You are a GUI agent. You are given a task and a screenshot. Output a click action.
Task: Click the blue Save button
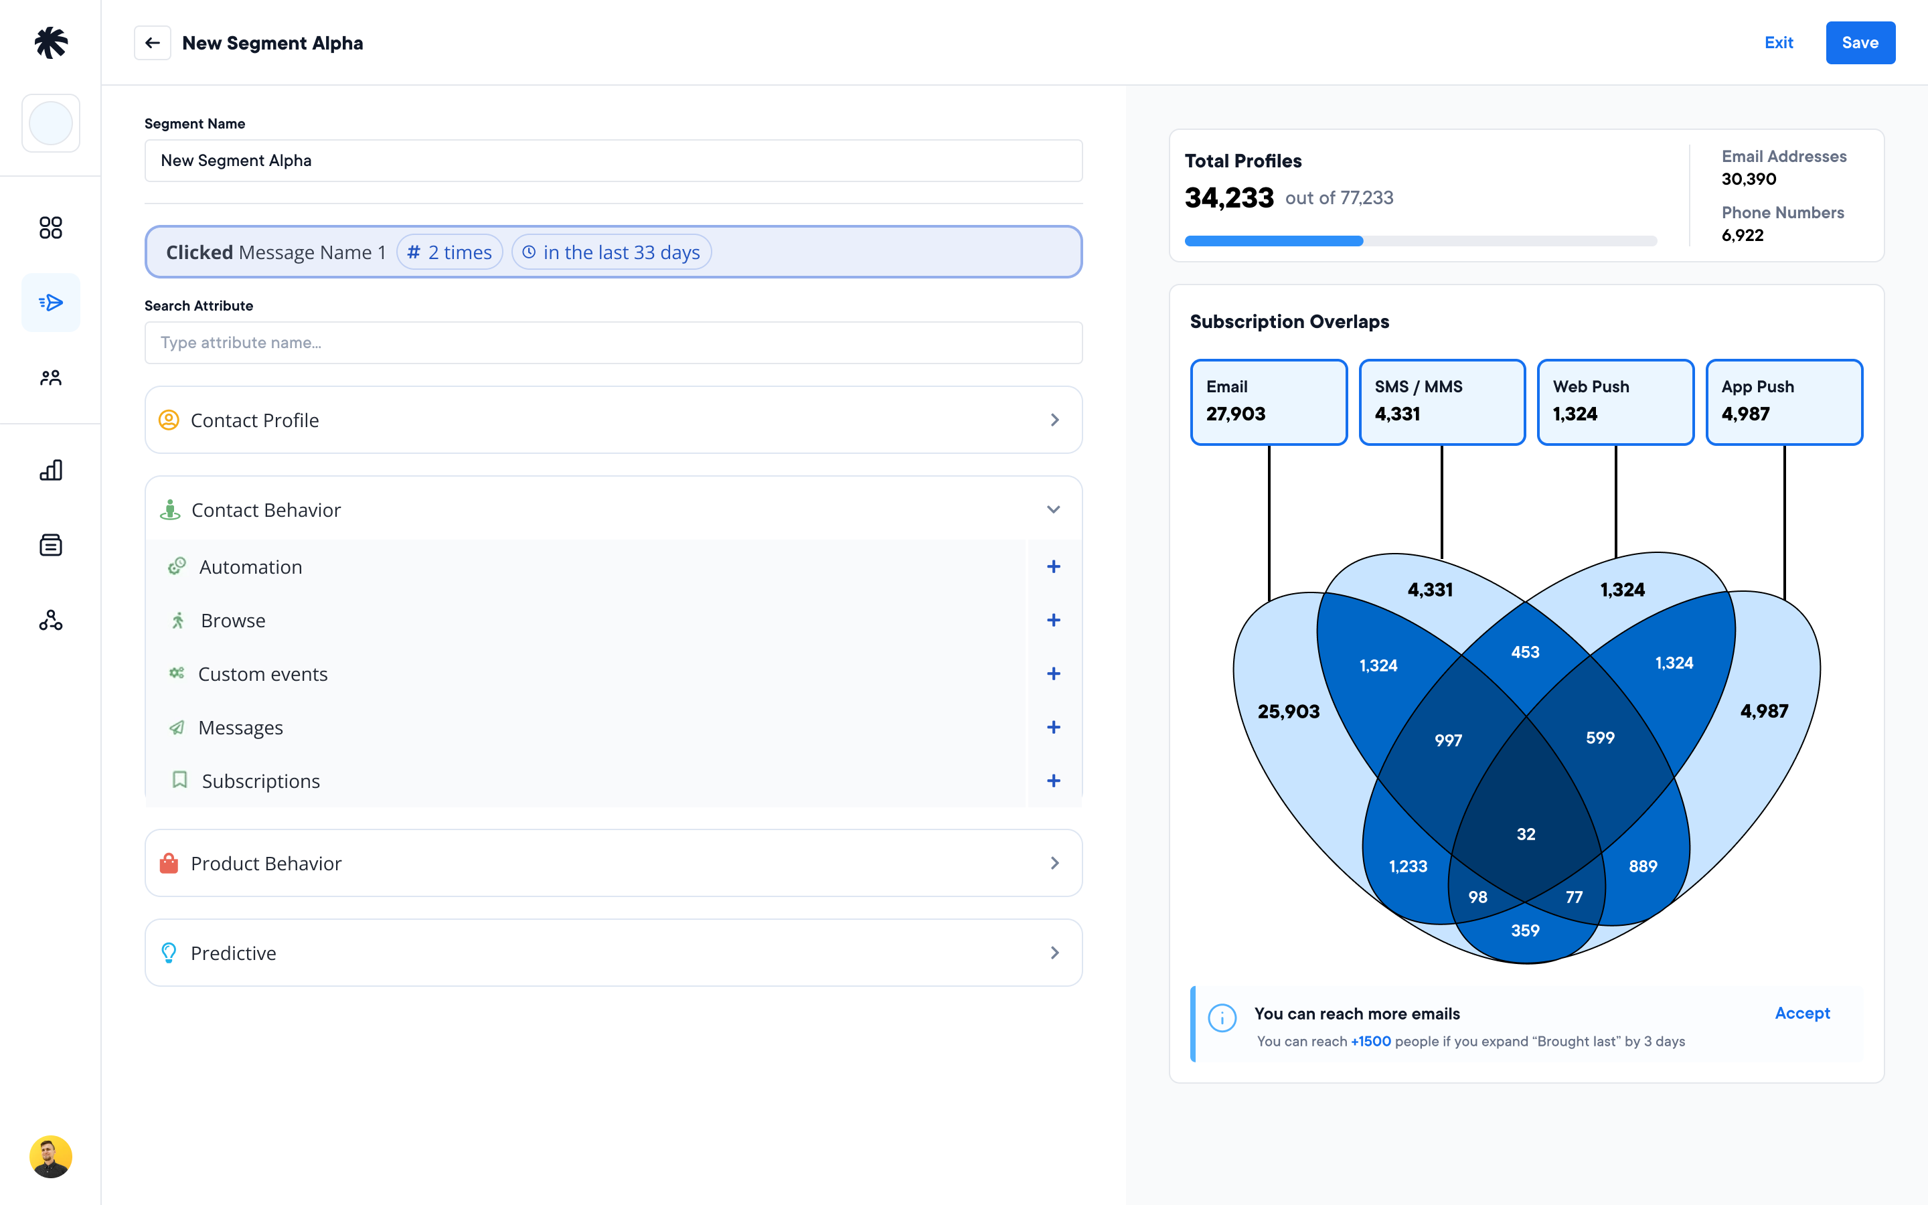tap(1860, 43)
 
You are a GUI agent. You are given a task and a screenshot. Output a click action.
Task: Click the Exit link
tap(1778, 43)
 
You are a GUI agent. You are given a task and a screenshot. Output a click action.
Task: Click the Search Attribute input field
tap(613, 343)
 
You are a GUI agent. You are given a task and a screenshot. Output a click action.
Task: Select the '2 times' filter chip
tap(449, 252)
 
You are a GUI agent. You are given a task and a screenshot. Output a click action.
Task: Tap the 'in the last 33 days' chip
tap(611, 252)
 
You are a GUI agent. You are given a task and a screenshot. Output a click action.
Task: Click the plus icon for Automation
tap(1053, 566)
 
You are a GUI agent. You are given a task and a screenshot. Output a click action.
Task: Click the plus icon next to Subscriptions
tap(1053, 781)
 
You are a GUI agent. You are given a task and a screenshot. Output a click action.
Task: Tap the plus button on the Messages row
tap(1053, 728)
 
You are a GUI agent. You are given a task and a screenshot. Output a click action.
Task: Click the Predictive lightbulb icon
tap(169, 953)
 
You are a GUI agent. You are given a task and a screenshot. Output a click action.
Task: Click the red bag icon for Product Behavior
tap(169, 863)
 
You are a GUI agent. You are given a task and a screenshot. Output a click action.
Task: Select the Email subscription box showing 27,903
tap(1269, 402)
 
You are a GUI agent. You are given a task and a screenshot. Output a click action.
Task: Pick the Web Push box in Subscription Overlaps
tap(1615, 402)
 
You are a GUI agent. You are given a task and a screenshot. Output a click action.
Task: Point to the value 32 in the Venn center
tap(1526, 834)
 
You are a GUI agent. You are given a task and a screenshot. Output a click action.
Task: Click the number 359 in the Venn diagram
tap(1525, 931)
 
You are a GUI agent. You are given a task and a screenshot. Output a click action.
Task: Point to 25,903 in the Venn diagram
tap(1288, 712)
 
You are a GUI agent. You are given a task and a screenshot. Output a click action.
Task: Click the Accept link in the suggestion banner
tap(1802, 1014)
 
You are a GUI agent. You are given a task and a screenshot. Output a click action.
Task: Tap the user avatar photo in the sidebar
tap(51, 1156)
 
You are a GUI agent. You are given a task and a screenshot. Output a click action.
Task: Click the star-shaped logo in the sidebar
tap(51, 43)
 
